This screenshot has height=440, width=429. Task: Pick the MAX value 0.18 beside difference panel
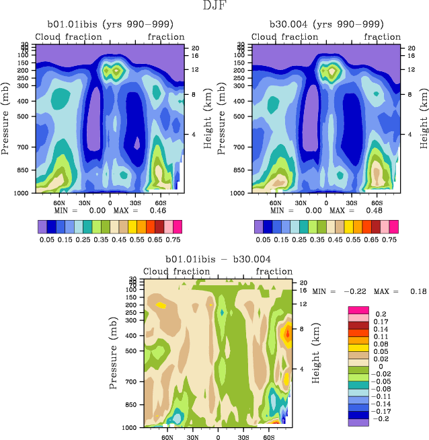(x=409, y=291)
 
